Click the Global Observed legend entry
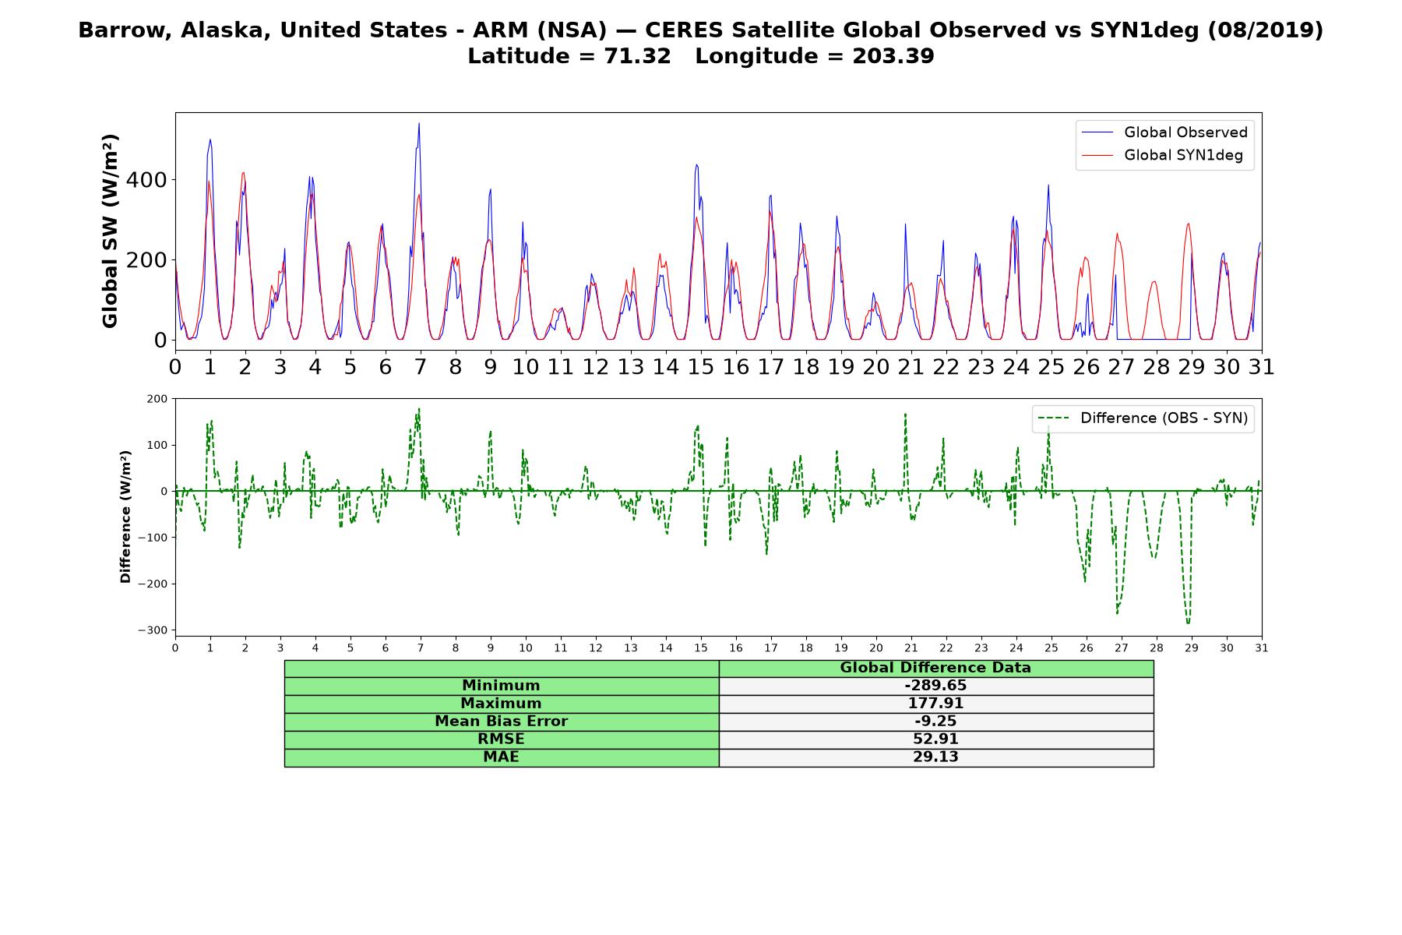coord(1164,132)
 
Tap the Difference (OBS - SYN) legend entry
coord(1143,418)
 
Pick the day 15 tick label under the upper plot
coord(700,366)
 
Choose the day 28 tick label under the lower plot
coord(1156,647)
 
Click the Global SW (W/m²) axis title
coord(110,231)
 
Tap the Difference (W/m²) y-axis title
coord(125,517)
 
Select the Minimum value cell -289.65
coord(935,686)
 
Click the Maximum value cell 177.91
coord(935,704)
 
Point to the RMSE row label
coord(502,739)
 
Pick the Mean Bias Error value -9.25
coord(935,722)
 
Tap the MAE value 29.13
coord(935,757)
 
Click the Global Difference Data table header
coord(935,668)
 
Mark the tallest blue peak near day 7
coord(419,124)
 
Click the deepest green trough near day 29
coord(1188,623)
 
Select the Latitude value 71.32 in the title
coord(637,56)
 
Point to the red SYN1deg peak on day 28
coord(1154,281)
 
